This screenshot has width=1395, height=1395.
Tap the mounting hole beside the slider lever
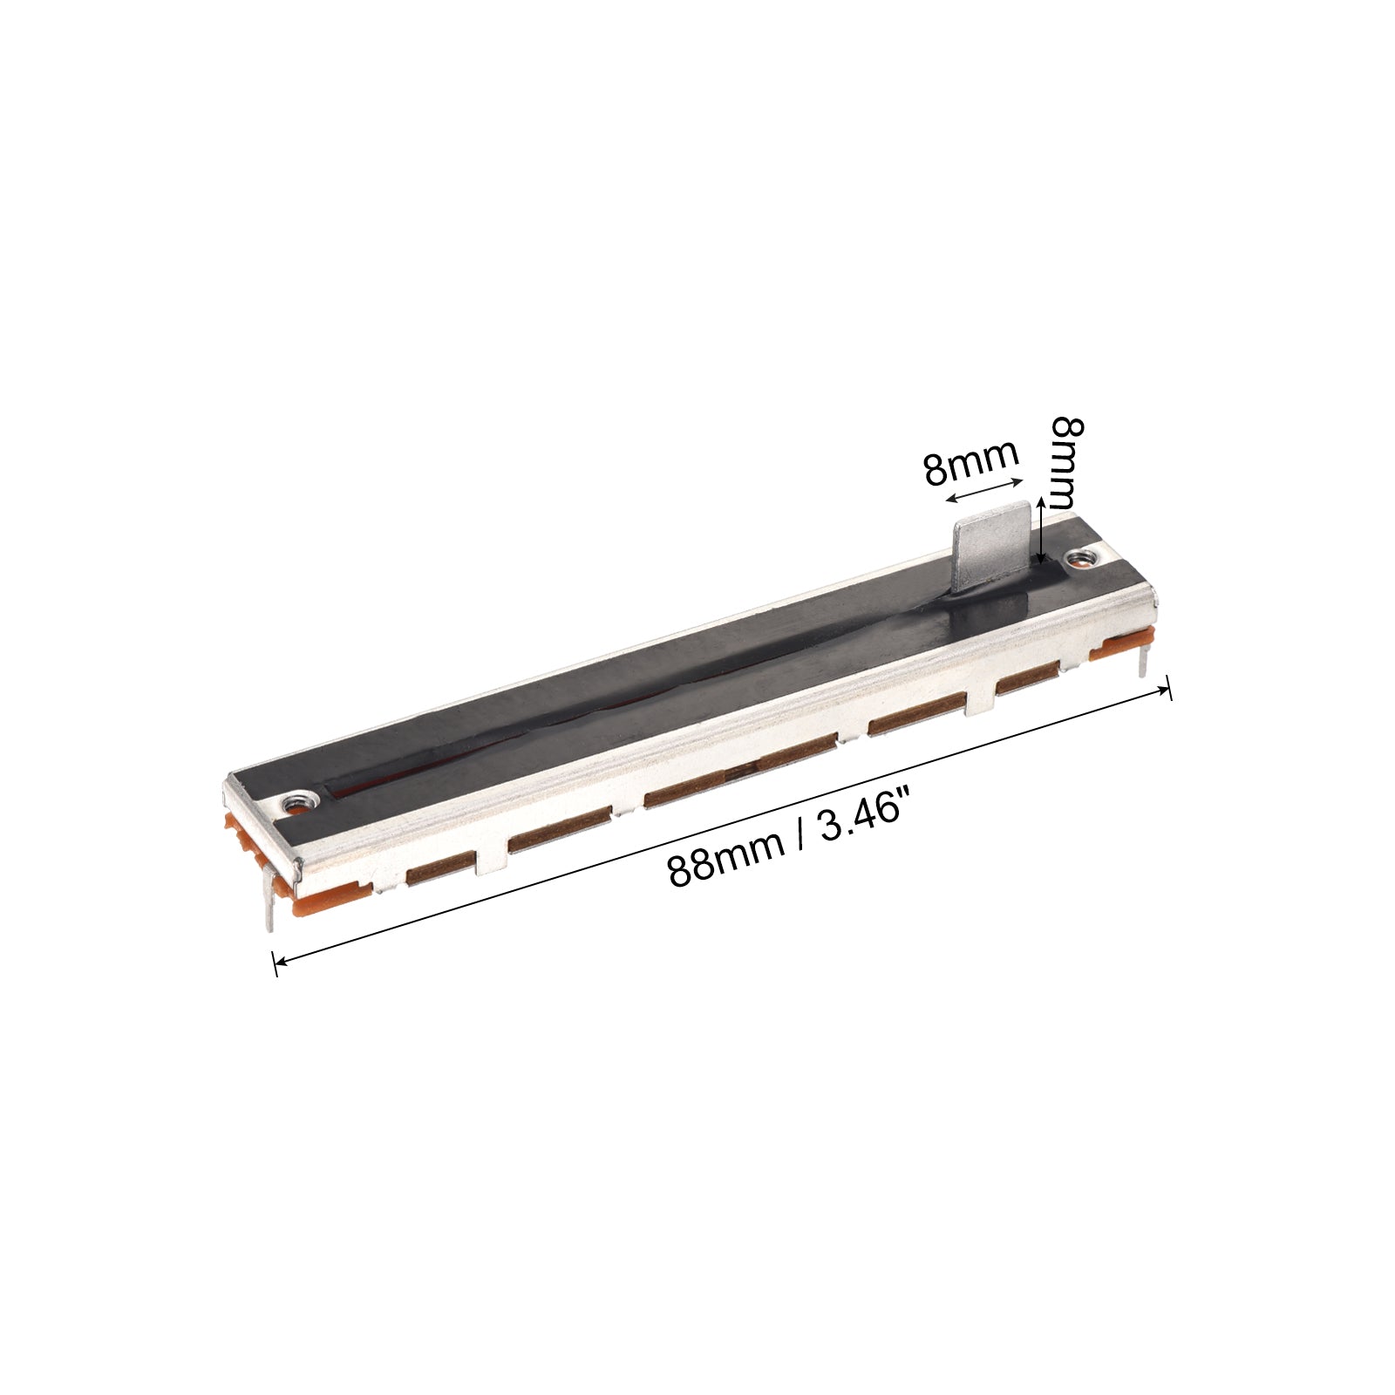(1081, 557)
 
